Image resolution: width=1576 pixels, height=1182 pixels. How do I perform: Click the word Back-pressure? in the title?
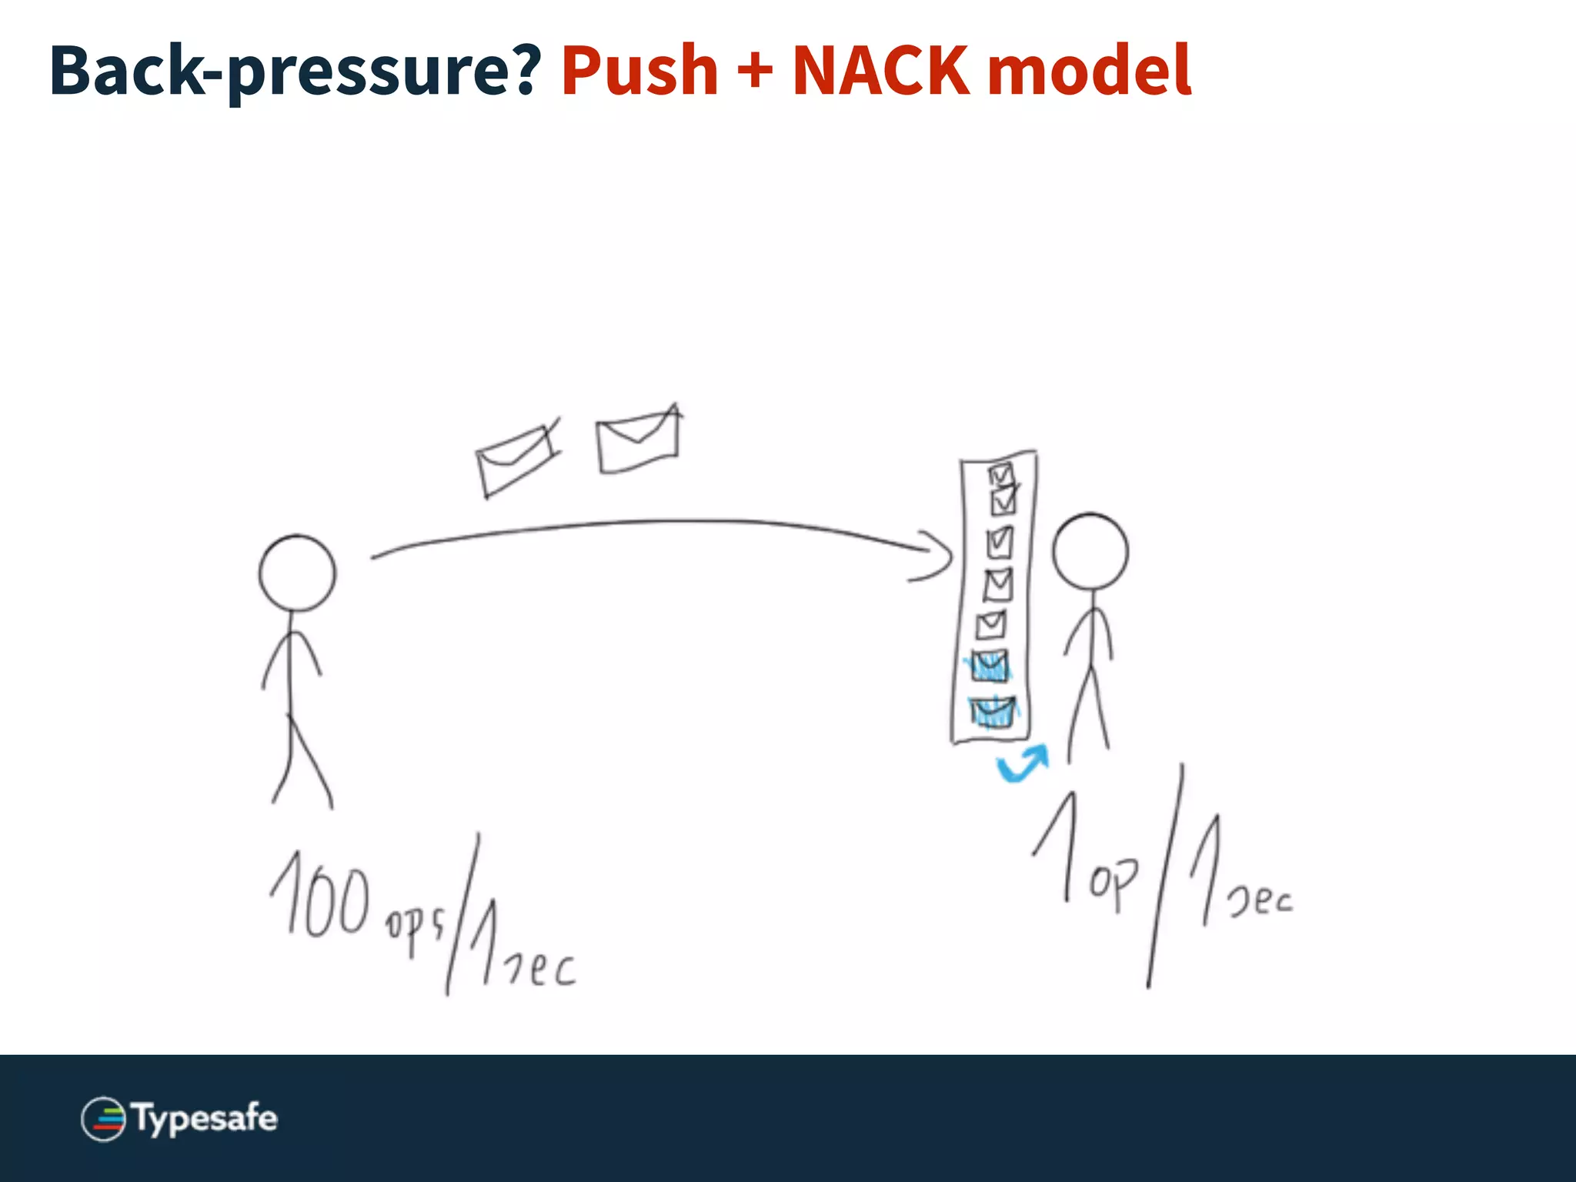(x=295, y=72)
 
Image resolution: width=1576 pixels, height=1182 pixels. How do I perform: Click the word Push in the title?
(x=639, y=72)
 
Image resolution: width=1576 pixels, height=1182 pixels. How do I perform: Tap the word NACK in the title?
(x=880, y=72)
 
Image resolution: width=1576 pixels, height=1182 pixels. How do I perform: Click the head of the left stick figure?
(x=297, y=573)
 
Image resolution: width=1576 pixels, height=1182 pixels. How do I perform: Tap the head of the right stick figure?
(x=1090, y=552)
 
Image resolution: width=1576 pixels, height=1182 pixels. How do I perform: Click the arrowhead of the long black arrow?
(x=940, y=554)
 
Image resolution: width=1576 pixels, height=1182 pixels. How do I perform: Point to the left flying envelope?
(x=516, y=459)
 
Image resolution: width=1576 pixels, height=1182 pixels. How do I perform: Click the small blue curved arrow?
(x=1022, y=763)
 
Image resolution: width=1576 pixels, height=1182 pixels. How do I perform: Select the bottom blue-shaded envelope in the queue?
(x=993, y=713)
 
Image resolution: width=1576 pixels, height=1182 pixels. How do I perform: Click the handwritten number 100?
(x=319, y=897)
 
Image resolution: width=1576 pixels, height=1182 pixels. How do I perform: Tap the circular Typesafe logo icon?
(x=103, y=1119)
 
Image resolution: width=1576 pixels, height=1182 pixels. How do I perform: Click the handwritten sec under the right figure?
(x=1260, y=899)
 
